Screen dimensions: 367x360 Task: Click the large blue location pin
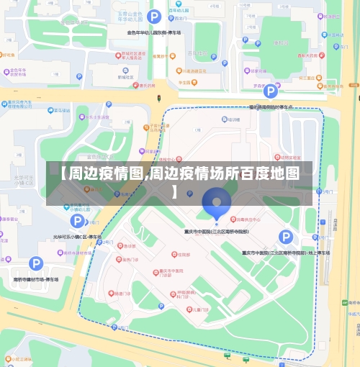[x=215, y=202]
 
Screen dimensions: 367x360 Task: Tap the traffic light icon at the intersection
[x=159, y=97]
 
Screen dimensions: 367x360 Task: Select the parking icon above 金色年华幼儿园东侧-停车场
[x=153, y=16]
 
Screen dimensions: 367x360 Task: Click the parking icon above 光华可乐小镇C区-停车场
[x=77, y=221]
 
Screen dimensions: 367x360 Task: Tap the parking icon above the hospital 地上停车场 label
[x=286, y=237]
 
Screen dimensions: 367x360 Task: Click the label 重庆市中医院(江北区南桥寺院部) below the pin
[x=215, y=231]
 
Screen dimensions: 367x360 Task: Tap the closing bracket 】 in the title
[x=176, y=191]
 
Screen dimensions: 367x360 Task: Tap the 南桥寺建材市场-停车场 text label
[x=35, y=279]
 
